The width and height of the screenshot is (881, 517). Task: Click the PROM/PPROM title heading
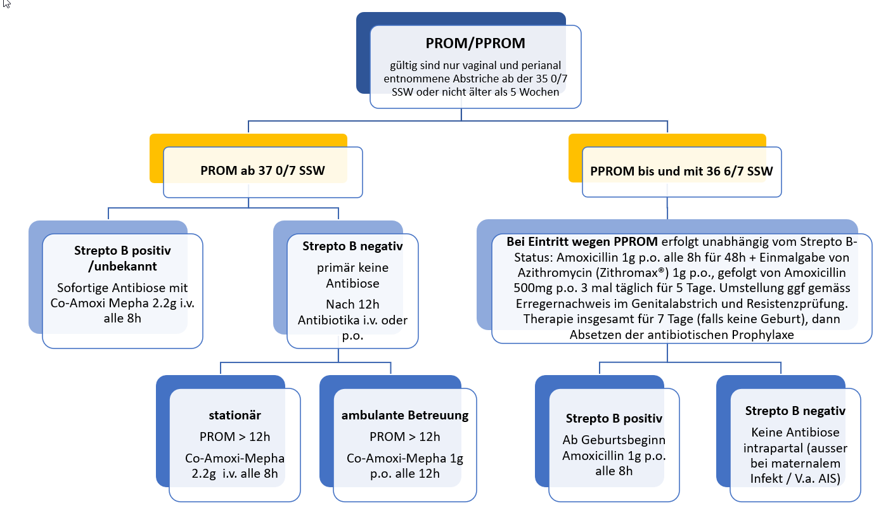pos(475,43)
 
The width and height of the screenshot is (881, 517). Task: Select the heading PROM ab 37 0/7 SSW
pos(262,170)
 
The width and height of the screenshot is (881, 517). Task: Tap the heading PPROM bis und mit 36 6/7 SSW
pos(681,172)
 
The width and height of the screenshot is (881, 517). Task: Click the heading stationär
pos(235,415)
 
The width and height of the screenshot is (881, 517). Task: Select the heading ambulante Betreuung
pos(405,415)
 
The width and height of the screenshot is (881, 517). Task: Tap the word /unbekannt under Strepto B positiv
pos(122,267)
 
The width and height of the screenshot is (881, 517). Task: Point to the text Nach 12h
pos(352,304)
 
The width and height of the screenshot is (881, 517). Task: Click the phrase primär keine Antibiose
pos(352,275)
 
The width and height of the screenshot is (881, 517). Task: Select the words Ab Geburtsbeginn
pos(614,440)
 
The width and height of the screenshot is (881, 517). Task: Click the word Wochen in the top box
pos(539,92)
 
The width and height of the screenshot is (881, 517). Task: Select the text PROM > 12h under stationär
pos(235,437)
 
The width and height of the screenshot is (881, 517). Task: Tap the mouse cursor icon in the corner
pos(7,4)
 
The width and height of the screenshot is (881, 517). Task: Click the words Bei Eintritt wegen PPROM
pos(582,241)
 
